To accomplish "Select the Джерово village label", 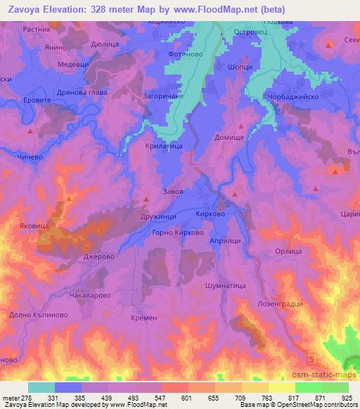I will tap(99, 257).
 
